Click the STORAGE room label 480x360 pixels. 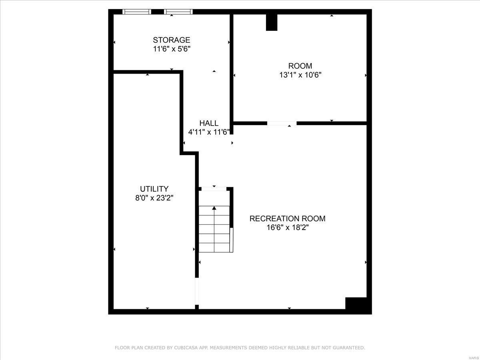tap(171, 40)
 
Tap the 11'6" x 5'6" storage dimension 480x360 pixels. tap(171, 49)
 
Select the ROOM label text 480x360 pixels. tap(300, 66)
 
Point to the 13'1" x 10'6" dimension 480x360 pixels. tap(300, 75)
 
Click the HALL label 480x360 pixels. tap(209, 123)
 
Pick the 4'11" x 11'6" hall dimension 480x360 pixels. tap(209, 132)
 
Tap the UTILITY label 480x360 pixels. tap(154, 189)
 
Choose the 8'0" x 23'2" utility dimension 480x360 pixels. tap(154, 198)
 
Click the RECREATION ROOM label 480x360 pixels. tap(287, 219)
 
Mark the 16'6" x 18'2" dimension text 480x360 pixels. tap(287, 228)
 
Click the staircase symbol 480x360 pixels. tap(215, 230)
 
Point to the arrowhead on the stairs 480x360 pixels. tap(214, 208)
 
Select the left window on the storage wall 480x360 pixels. tap(136, 12)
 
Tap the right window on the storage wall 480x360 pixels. tap(178, 12)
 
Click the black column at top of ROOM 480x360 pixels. tap(272, 22)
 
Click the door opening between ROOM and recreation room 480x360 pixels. tap(282, 123)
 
